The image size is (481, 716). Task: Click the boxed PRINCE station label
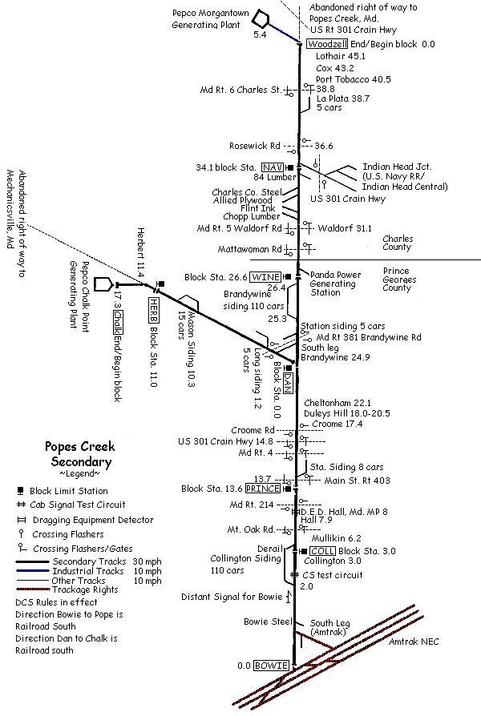pyautogui.click(x=262, y=489)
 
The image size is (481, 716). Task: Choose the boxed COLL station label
pyautogui.click(x=319, y=551)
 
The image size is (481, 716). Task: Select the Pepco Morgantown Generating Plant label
pyautogui.click(x=211, y=20)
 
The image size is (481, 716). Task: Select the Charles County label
pyautogui.click(x=398, y=243)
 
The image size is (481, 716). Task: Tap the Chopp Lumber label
pyautogui.click(x=252, y=216)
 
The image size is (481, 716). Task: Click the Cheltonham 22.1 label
pyautogui.click(x=337, y=402)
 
